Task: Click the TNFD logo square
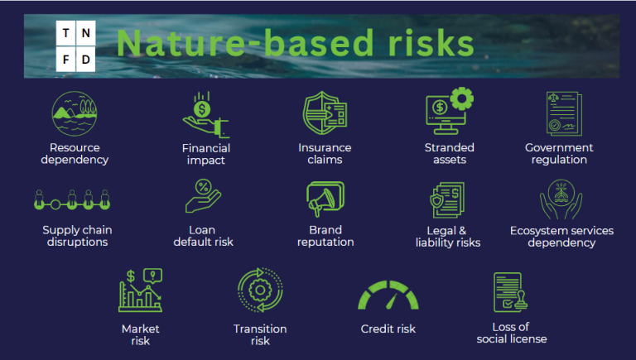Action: click(x=76, y=46)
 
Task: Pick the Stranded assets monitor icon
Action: click(x=449, y=114)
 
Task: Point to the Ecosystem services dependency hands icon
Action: click(x=561, y=199)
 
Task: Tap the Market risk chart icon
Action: click(x=140, y=290)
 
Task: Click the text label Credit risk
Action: click(x=388, y=329)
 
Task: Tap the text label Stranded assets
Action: click(x=450, y=154)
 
